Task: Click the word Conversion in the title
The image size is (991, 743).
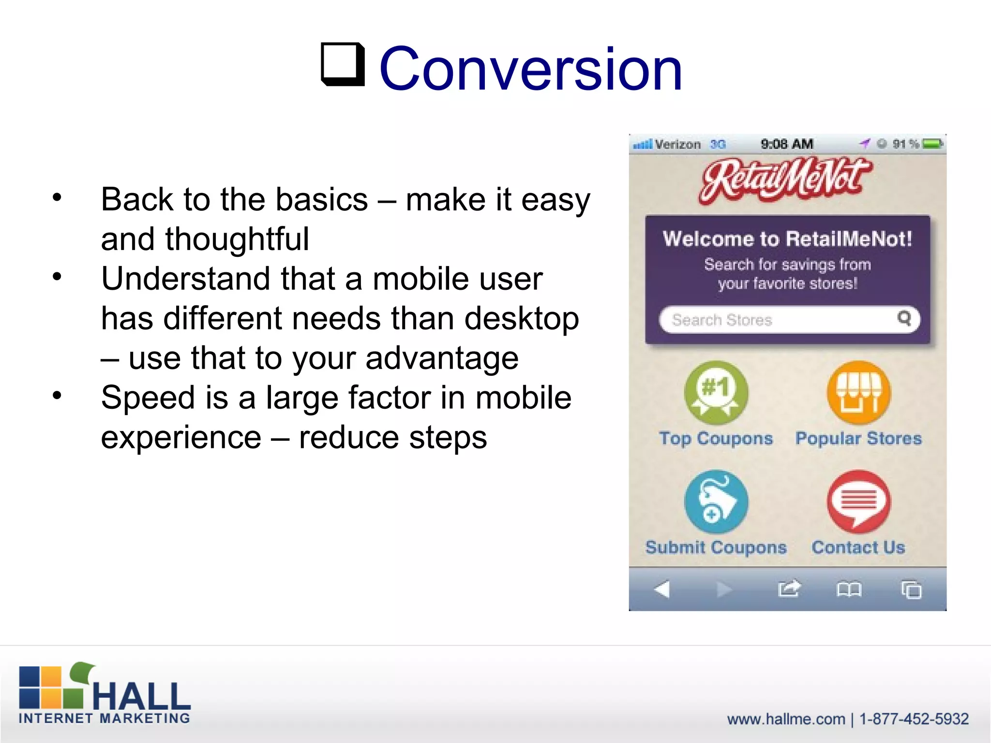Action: pos(530,69)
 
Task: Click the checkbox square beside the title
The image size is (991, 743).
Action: pos(343,64)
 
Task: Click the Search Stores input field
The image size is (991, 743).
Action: pos(774,320)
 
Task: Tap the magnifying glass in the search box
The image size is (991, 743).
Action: pos(904,318)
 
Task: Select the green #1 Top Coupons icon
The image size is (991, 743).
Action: pos(716,393)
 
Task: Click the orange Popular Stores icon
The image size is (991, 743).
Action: pos(858,393)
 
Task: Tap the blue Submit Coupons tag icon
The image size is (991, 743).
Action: pos(716,502)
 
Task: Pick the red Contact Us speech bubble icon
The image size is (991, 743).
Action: pos(858,502)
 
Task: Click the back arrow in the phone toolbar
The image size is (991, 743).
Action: pos(662,589)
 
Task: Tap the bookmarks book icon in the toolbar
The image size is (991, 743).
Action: pos(849,589)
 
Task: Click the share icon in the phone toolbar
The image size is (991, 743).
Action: pos(789,589)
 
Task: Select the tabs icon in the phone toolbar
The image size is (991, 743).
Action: pos(911,590)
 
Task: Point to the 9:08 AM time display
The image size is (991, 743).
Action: pos(787,144)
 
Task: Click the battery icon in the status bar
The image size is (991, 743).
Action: pos(932,144)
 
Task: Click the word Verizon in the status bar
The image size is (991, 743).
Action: pos(677,144)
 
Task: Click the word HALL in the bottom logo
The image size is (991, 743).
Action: pos(141,696)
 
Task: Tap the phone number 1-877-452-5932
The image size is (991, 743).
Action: pos(914,719)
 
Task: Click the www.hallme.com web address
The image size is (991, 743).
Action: pos(786,719)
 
